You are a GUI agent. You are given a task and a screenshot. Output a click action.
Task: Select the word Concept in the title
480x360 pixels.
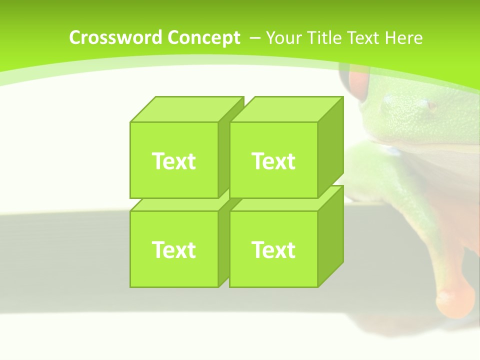[203, 38]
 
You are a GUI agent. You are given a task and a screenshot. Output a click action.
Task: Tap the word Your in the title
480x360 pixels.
[283, 38]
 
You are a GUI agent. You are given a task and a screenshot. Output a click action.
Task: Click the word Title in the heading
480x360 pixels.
[324, 38]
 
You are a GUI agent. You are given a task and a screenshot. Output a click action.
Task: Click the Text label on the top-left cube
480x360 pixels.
[173, 161]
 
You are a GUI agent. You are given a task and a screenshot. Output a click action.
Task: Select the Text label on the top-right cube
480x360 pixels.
[273, 161]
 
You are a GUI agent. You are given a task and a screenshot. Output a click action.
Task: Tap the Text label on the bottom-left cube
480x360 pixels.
[173, 249]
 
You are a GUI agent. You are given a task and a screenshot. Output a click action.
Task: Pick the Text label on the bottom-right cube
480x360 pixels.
[273, 249]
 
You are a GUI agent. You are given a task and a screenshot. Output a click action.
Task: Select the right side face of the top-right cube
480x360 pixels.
[331, 147]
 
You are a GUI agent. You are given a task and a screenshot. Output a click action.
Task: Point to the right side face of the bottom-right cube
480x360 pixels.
[331, 236]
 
